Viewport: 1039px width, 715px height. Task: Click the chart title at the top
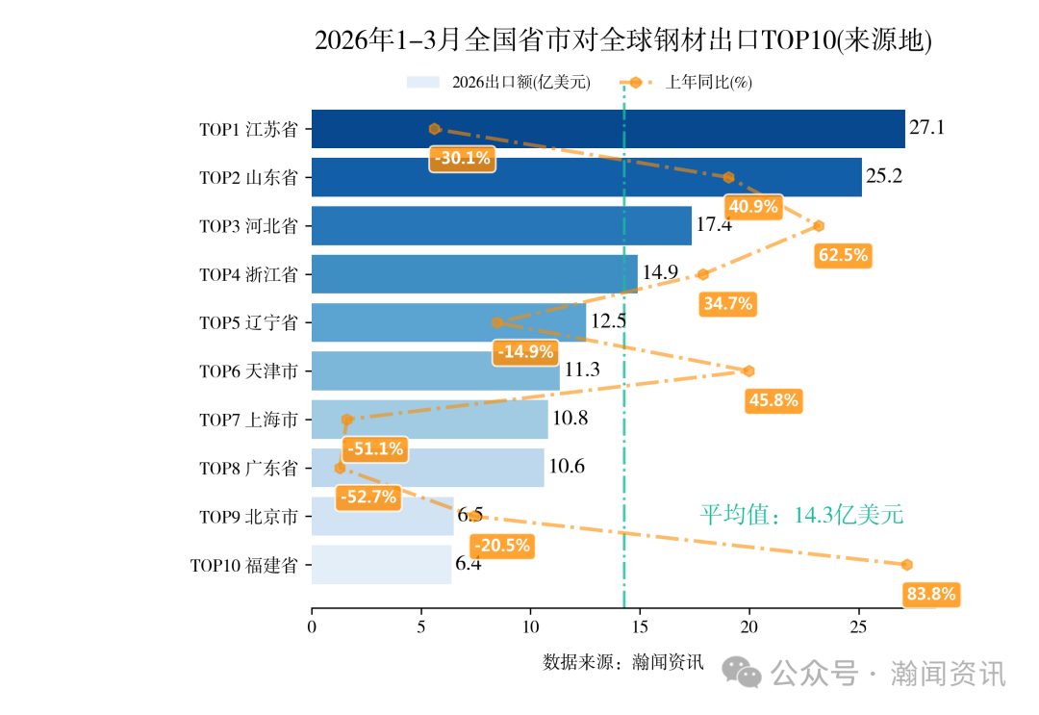click(x=623, y=40)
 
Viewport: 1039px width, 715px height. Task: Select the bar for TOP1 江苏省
click(x=607, y=129)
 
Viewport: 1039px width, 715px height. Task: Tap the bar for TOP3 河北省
click(x=500, y=226)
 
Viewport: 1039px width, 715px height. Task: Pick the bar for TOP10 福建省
click(x=381, y=565)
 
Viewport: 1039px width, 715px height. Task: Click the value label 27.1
click(x=927, y=128)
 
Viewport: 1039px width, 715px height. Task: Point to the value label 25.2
click(x=884, y=177)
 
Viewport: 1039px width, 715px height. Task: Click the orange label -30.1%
click(x=462, y=159)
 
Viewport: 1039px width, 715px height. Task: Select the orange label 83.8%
click(x=931, y=595)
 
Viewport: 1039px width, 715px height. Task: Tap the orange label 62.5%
click(x=842, y=255)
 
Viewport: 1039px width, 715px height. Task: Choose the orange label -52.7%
click(x=367, y=498)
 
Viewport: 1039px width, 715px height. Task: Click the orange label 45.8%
click(x=773, y=400)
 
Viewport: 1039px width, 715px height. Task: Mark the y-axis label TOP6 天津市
click(x=248, y=371)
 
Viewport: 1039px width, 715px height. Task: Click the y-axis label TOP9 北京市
click(x=248, y=517)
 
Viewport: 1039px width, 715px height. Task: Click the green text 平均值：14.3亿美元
click(x=801, y=515)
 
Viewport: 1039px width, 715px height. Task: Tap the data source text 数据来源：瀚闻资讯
click(x=622, y=662)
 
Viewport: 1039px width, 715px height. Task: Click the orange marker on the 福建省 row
click(x=906, y=565)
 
